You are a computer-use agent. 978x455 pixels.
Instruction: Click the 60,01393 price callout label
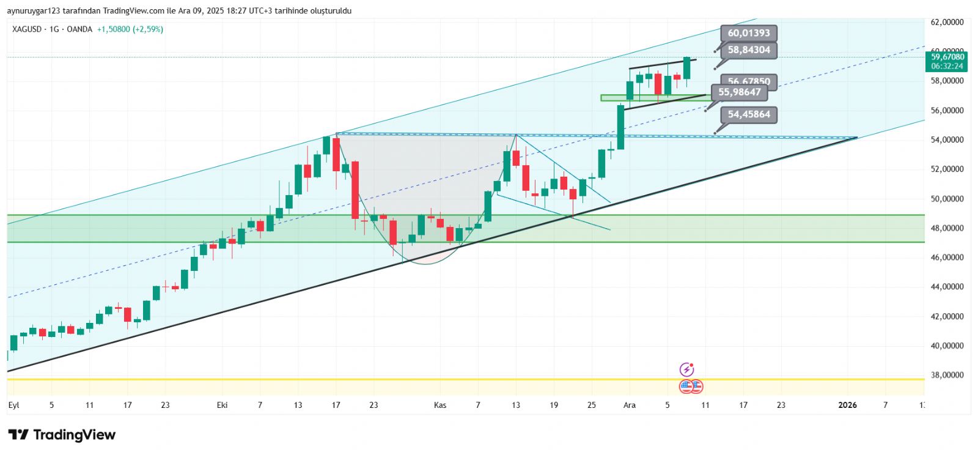[x=748, y=33]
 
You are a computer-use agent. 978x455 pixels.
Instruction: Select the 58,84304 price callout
[x=748, y=50]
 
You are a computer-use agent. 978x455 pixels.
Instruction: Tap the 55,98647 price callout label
[x=739, y=92]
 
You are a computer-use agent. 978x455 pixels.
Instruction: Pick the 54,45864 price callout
[x=748, y=114]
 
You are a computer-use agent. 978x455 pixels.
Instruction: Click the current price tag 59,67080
[x=947, y=57]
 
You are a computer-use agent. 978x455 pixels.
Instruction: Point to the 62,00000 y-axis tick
[x=947, y=22]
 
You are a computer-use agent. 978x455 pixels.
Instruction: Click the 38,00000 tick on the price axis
[x=947, y=375]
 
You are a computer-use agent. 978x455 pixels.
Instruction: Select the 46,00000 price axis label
[x=947, y=257]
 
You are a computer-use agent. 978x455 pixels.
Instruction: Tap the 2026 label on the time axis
[x=847, y=405]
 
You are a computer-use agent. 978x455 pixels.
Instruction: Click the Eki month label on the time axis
[x=222, y=405]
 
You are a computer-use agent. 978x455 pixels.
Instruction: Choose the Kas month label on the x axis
[x=440, y=405]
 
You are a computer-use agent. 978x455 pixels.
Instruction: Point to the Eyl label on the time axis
[x=14, y=405]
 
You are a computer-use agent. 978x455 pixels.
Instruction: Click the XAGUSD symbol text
[x=27, y=29]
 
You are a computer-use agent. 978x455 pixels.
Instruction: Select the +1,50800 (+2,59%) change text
[x=130, y=29]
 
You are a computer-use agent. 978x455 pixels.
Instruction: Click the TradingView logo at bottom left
[x=62, y=435]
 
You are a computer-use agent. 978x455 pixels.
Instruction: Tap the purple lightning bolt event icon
[x=687, y=369]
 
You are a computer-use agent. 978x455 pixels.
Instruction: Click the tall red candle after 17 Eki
[x=355, y=190]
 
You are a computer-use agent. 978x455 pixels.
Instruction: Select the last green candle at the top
[x=687, y=68]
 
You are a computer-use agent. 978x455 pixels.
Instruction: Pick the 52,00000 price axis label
[x=947, y=169]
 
